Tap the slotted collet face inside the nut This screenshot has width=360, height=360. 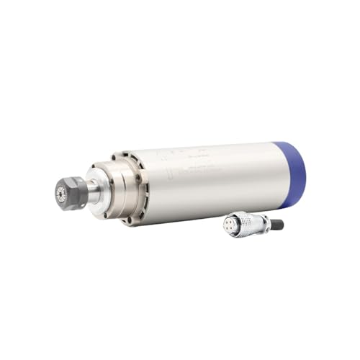(x=61, y=193)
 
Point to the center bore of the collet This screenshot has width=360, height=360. (x=60, y=193)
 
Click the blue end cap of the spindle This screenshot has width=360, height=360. (x=294, y=173)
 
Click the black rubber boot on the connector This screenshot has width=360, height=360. (x=277, y=225)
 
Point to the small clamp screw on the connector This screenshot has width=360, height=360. (x=263, y=218)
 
